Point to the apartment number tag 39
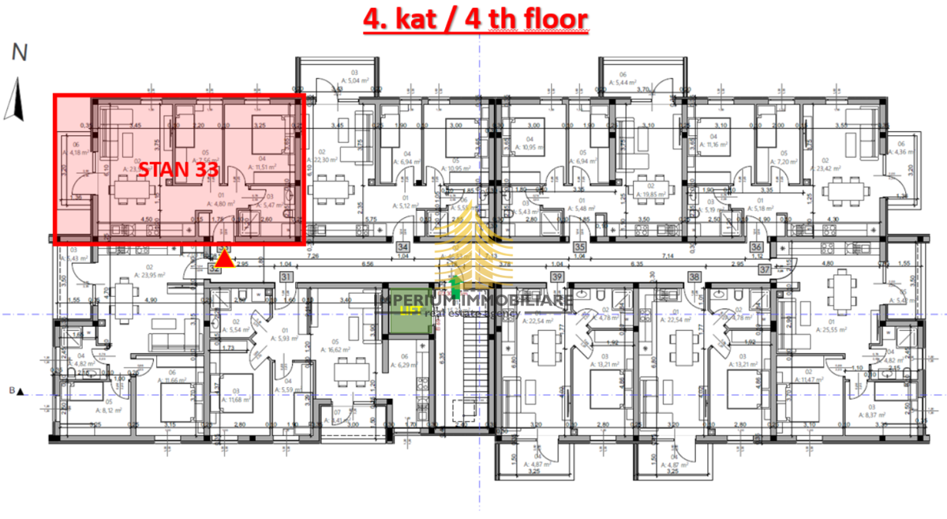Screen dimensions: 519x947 coord(558,276)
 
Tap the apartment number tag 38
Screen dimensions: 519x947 coord(694,276)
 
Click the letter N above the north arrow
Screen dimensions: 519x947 coord(20,54)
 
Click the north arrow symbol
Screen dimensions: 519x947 coord(13,100)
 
